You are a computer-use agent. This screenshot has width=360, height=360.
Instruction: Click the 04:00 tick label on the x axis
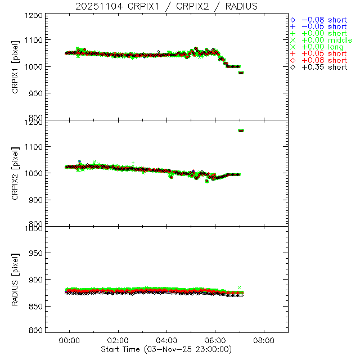tap(167, 340)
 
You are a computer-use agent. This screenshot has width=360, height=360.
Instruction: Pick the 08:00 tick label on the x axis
tap(264, 340)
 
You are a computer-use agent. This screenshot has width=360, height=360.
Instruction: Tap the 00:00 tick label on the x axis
tap(70, 340)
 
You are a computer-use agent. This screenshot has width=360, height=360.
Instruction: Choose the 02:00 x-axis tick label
tap(119, 340)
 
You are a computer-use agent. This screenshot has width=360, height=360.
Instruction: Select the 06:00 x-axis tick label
tap(215, 340)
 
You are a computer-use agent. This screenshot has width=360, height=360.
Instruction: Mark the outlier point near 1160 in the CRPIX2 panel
tap(241, 130)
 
